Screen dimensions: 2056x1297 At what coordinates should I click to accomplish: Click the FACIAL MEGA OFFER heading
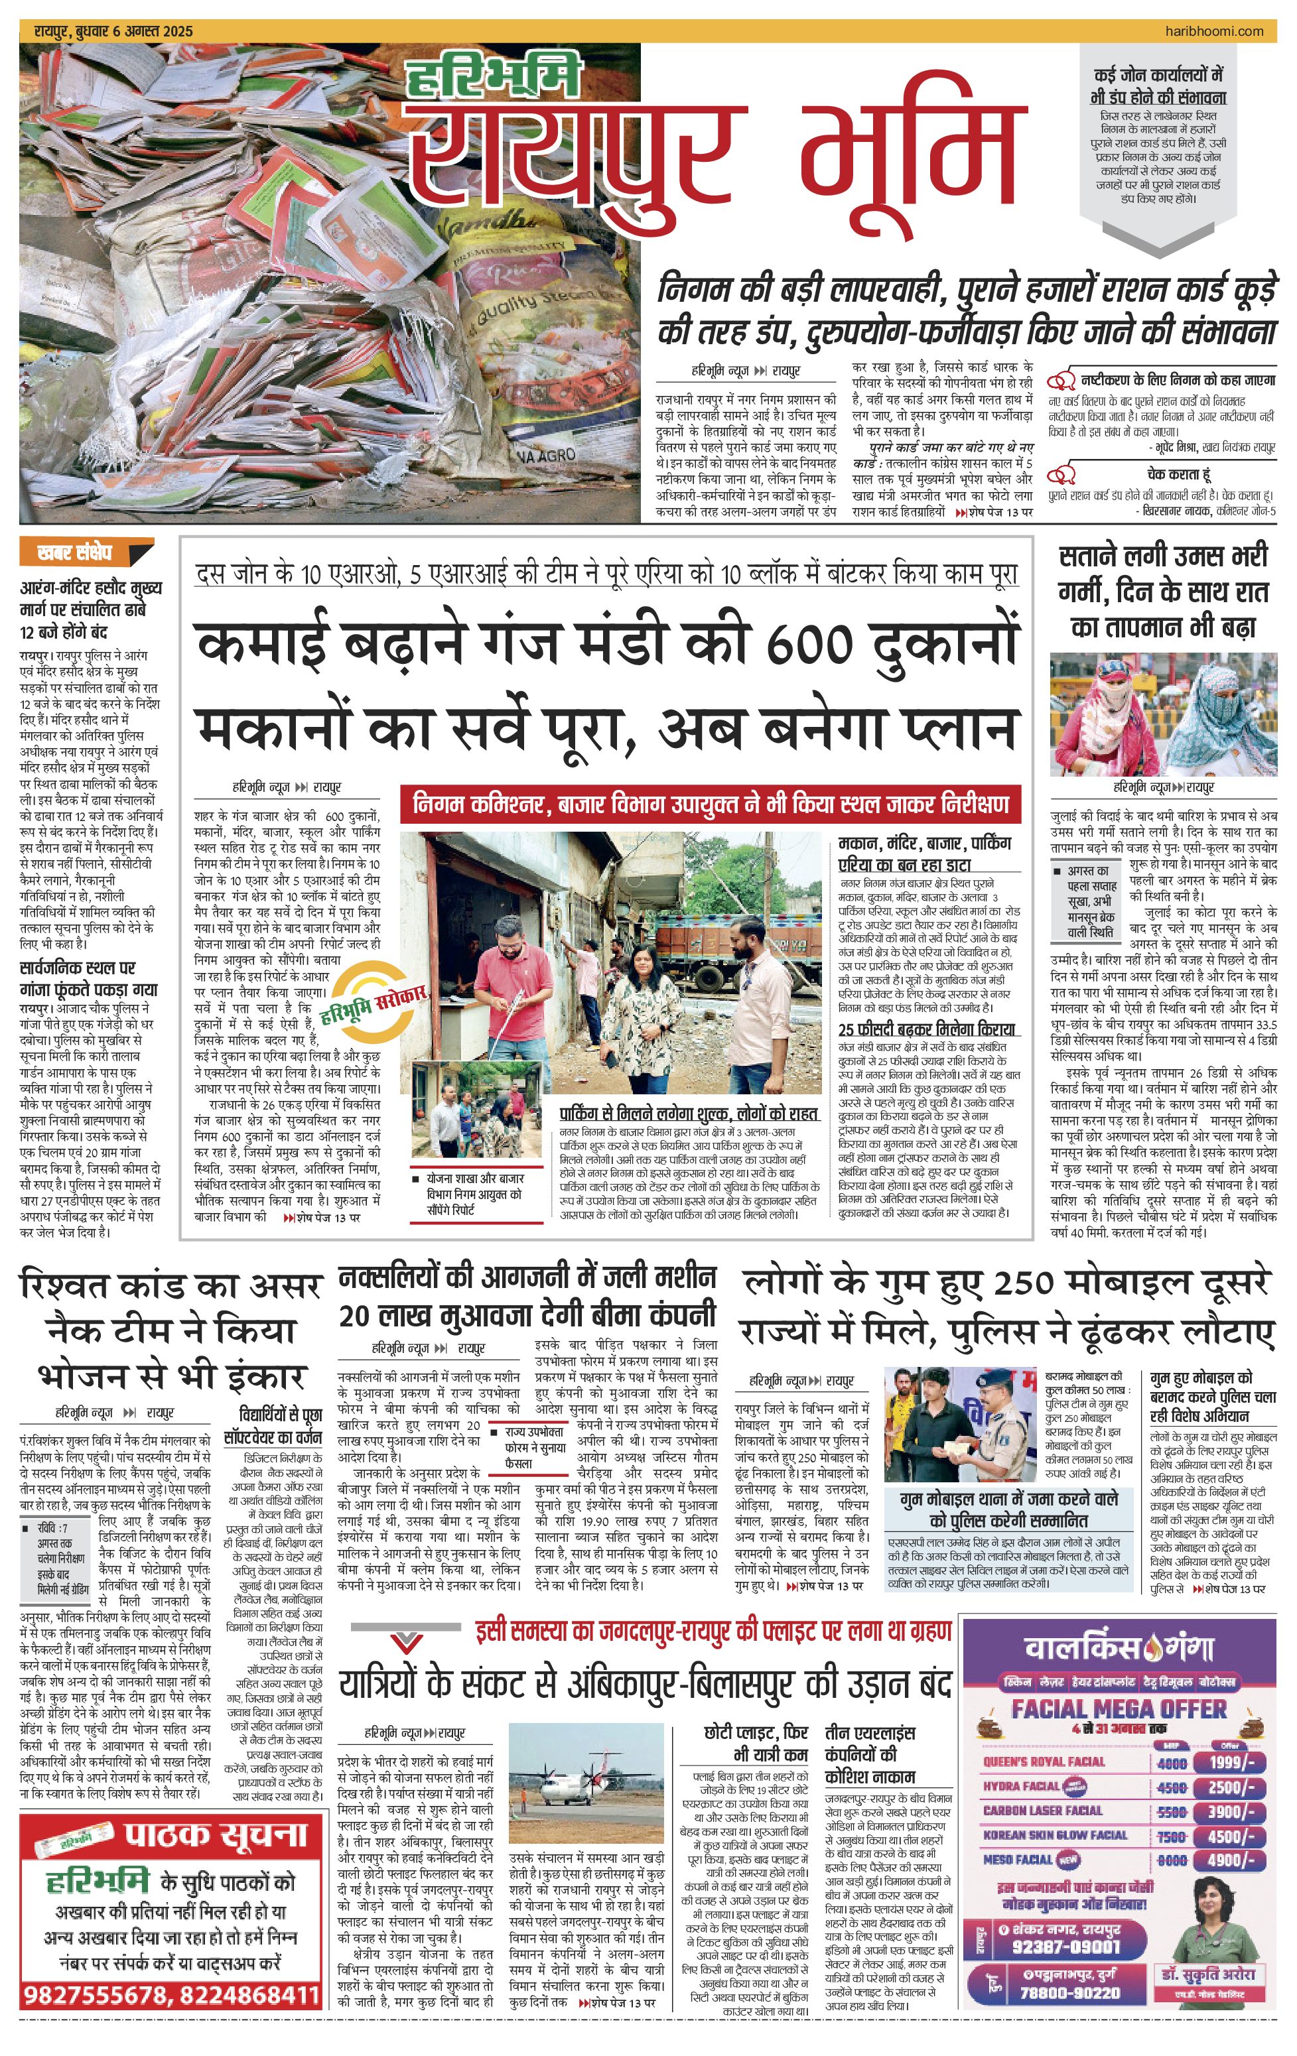click(x=1119, y=1708)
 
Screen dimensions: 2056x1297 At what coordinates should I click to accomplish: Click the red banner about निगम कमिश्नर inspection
click(x=711, y=804)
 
